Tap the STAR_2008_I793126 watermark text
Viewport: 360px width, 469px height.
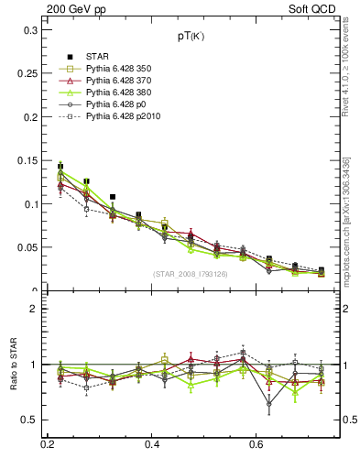[x=191, y=274]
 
